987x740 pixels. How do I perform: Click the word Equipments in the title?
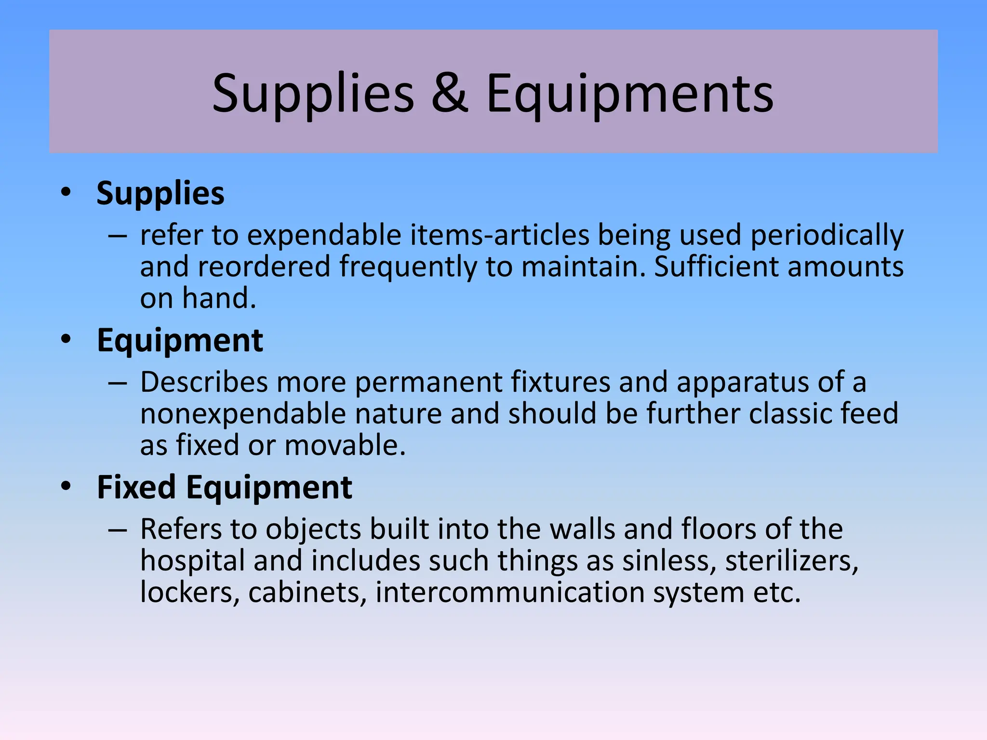coord(629,94)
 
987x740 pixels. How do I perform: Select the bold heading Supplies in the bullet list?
coord(160,193)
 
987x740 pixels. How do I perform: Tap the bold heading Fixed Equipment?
coord(225,487)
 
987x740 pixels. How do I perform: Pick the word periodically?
coord(827,236)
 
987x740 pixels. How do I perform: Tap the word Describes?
coord(204,383)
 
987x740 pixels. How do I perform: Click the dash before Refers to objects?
coord(118,530)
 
